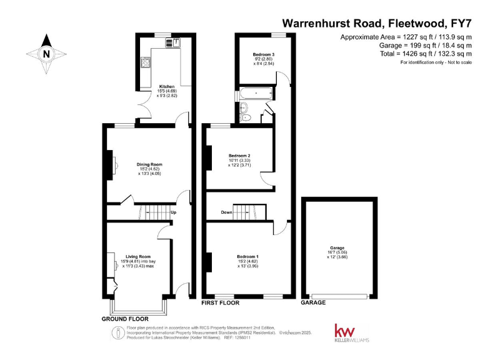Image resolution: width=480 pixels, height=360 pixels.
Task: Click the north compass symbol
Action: (46, 54)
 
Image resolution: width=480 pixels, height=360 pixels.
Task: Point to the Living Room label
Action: (139, 256)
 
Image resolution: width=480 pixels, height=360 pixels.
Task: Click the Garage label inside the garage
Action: (337, 248)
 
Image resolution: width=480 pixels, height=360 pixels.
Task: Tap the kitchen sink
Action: (172, 42)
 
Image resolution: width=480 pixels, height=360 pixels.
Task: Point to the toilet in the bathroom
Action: (245, 116)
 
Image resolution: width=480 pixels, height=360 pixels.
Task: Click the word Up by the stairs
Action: (173, 212)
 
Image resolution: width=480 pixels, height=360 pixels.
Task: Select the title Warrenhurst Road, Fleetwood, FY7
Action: (376, 23)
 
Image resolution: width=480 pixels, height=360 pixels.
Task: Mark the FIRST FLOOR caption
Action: (219, 302)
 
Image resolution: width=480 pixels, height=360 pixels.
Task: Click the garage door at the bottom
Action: (339, 296)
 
